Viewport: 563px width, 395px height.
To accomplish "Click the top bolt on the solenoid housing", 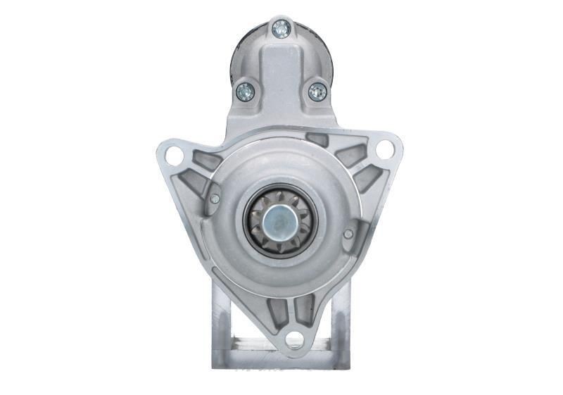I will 281,28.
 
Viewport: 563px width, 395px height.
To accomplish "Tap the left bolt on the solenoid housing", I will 245,91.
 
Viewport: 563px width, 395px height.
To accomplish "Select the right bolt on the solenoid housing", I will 317,91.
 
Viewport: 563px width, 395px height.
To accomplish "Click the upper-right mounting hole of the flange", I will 384,149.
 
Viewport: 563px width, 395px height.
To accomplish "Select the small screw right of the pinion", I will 348,233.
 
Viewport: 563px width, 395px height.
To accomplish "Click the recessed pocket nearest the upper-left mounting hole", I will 205,160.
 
